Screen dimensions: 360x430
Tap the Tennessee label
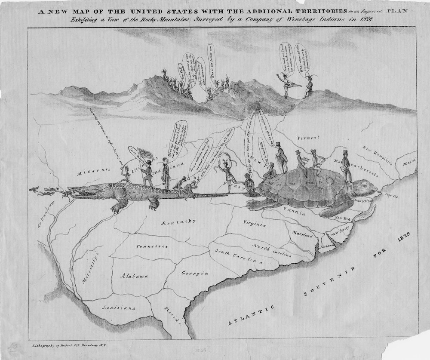(153, 246)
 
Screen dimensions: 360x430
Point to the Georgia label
(195, 273)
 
